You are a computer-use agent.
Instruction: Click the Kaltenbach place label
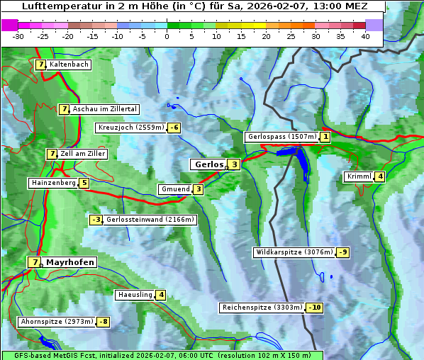click(x=69, y=64)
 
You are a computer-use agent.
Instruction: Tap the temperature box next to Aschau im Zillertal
click(x=64, y=109)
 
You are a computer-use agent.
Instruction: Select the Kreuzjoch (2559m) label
click(x=130, y=128)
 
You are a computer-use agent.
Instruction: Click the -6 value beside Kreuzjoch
click(x=174, y=128)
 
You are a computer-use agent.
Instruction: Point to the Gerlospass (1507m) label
click(x=281, y=137)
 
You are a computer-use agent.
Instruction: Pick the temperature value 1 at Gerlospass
click(x=325, y=137)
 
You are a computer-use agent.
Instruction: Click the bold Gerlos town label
click(x=208, y=164)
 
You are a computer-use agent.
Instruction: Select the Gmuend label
click(x=175, y=189)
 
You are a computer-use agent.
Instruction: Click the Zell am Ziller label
click(x=83, y=154)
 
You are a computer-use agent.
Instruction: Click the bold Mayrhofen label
click(x=70, y=262)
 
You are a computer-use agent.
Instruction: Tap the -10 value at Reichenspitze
click(x=315, y=308)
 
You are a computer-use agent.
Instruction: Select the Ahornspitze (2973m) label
click(x=57, y=322)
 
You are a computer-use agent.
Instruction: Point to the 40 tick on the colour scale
click(x=365, y=36)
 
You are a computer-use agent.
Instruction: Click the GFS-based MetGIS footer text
click(x=162, y=355)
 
